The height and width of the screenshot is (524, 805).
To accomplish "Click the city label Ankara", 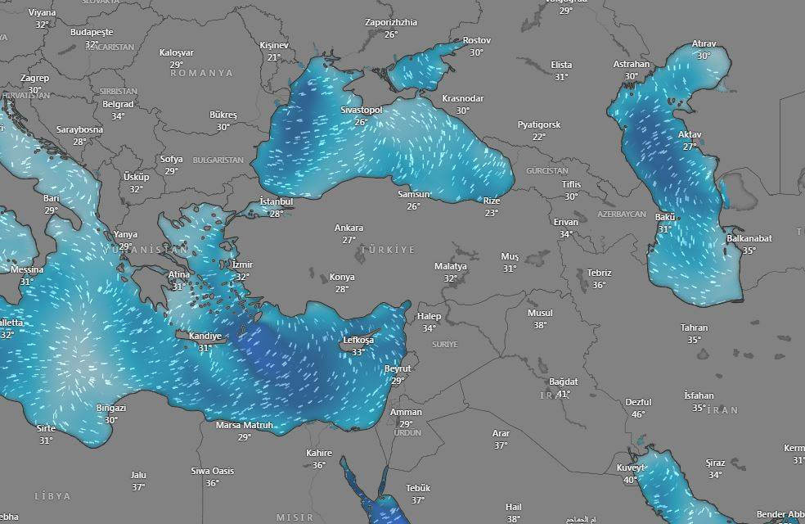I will (349, 228).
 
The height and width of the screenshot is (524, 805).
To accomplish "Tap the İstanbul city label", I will (276, 201).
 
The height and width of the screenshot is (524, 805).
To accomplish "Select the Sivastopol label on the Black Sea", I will (362, 110).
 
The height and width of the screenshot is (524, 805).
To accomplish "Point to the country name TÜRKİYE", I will (388, 249).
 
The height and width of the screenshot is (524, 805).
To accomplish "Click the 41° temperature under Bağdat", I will (564, 394).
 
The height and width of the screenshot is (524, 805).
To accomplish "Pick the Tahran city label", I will (694, 327).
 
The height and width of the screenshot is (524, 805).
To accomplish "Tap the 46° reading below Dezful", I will (638, 414).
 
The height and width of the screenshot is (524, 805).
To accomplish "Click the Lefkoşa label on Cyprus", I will (358, 340).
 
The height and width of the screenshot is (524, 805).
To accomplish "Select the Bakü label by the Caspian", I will (665, 217).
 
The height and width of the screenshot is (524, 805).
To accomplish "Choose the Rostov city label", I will (476, 40).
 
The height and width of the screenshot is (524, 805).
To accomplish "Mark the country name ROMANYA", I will (201, 73).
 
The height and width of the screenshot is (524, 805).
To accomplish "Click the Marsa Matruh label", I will (244, 426).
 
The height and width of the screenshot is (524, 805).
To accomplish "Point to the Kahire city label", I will (319, 453).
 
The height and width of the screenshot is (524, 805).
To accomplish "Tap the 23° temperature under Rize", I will (491, 213).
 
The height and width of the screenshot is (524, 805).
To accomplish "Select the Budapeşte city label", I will (92, 32).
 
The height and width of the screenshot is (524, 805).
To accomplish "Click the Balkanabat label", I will (749, 238).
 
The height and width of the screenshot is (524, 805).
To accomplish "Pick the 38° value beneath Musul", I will (540, 325).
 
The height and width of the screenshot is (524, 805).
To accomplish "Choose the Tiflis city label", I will (571, 184).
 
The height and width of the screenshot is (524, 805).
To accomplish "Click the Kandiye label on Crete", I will (205, 336).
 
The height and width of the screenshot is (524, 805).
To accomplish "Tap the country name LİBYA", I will (52, 496).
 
